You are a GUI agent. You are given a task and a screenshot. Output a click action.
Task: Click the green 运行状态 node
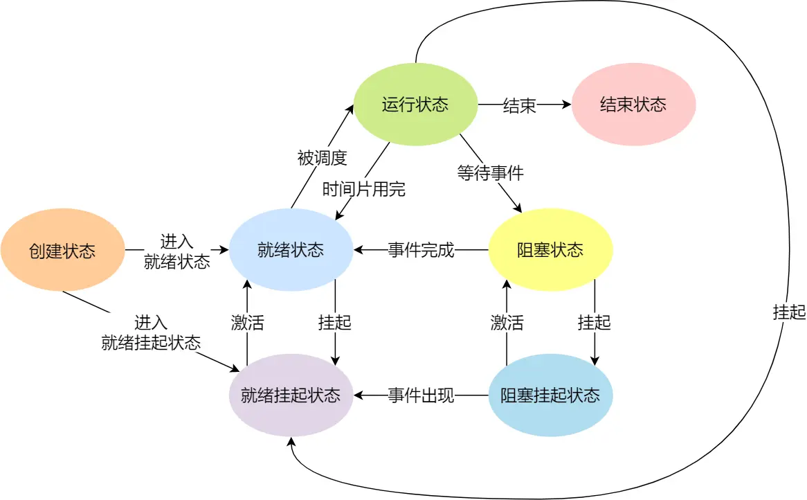coord(415,105)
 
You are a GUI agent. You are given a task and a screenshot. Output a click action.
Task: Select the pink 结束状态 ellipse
coord(633,105)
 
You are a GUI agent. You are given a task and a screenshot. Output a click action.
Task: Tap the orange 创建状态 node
coord(62,251)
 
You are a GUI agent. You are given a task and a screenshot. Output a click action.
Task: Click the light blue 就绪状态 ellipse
coord(291,250)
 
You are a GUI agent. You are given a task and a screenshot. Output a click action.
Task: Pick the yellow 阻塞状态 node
coord(550,250)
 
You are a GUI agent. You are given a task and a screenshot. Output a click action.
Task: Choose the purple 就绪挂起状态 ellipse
coord(291,395)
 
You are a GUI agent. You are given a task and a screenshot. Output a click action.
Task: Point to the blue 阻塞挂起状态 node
coord(550,395)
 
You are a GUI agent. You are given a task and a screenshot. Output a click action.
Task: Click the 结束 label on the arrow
coord(519,106)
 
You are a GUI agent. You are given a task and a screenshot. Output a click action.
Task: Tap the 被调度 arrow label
coord(322,158)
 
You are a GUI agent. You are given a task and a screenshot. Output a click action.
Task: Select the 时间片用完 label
coord(364,189)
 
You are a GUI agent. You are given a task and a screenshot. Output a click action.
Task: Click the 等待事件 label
coord(490,172)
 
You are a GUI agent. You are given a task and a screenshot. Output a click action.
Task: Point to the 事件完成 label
coord(421,251)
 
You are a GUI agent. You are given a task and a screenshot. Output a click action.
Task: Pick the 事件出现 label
coord(421,396)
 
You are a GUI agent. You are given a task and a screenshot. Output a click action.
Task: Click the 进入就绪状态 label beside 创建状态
coord(176,251)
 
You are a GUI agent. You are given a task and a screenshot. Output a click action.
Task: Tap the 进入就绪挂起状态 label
coord(151,332)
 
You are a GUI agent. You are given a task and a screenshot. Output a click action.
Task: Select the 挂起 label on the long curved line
coord(789,312)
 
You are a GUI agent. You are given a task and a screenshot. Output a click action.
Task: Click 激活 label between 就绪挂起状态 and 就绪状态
coord(247,323)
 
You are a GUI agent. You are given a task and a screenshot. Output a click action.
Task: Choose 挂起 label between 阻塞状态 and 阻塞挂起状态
coord(595,322)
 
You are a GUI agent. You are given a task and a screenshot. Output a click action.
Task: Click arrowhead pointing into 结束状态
coord(567,105)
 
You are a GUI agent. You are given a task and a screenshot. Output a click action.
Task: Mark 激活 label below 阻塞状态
coord(507,322)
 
